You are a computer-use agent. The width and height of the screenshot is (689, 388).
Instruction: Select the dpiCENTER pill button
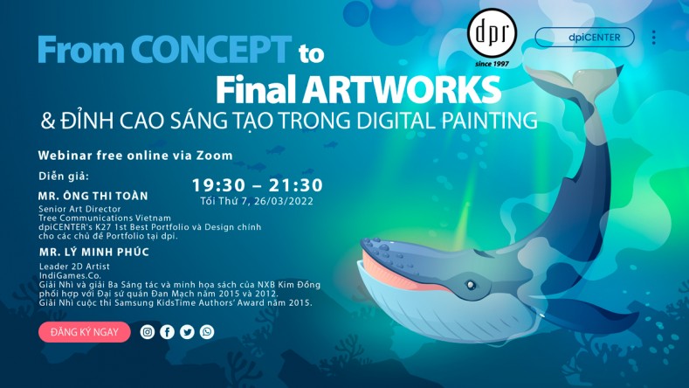[x=584, y=38]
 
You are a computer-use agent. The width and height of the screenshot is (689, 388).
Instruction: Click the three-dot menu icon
[x=653, y=38]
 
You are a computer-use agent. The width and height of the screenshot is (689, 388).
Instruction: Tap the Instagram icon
[x=148, y=332]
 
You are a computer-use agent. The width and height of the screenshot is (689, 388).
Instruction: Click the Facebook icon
[x=167, y=332]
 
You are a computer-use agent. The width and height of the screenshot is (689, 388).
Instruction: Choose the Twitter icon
[x=187, y=332]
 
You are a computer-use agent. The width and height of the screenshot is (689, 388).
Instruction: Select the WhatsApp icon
[x=207, y=332]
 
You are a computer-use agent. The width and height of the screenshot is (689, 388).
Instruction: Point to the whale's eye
[x=471, y=284]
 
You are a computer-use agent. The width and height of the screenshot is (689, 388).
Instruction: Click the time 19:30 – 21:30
[x=258, y=184]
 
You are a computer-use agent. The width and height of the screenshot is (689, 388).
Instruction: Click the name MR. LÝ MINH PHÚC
[x=94, y=252]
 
